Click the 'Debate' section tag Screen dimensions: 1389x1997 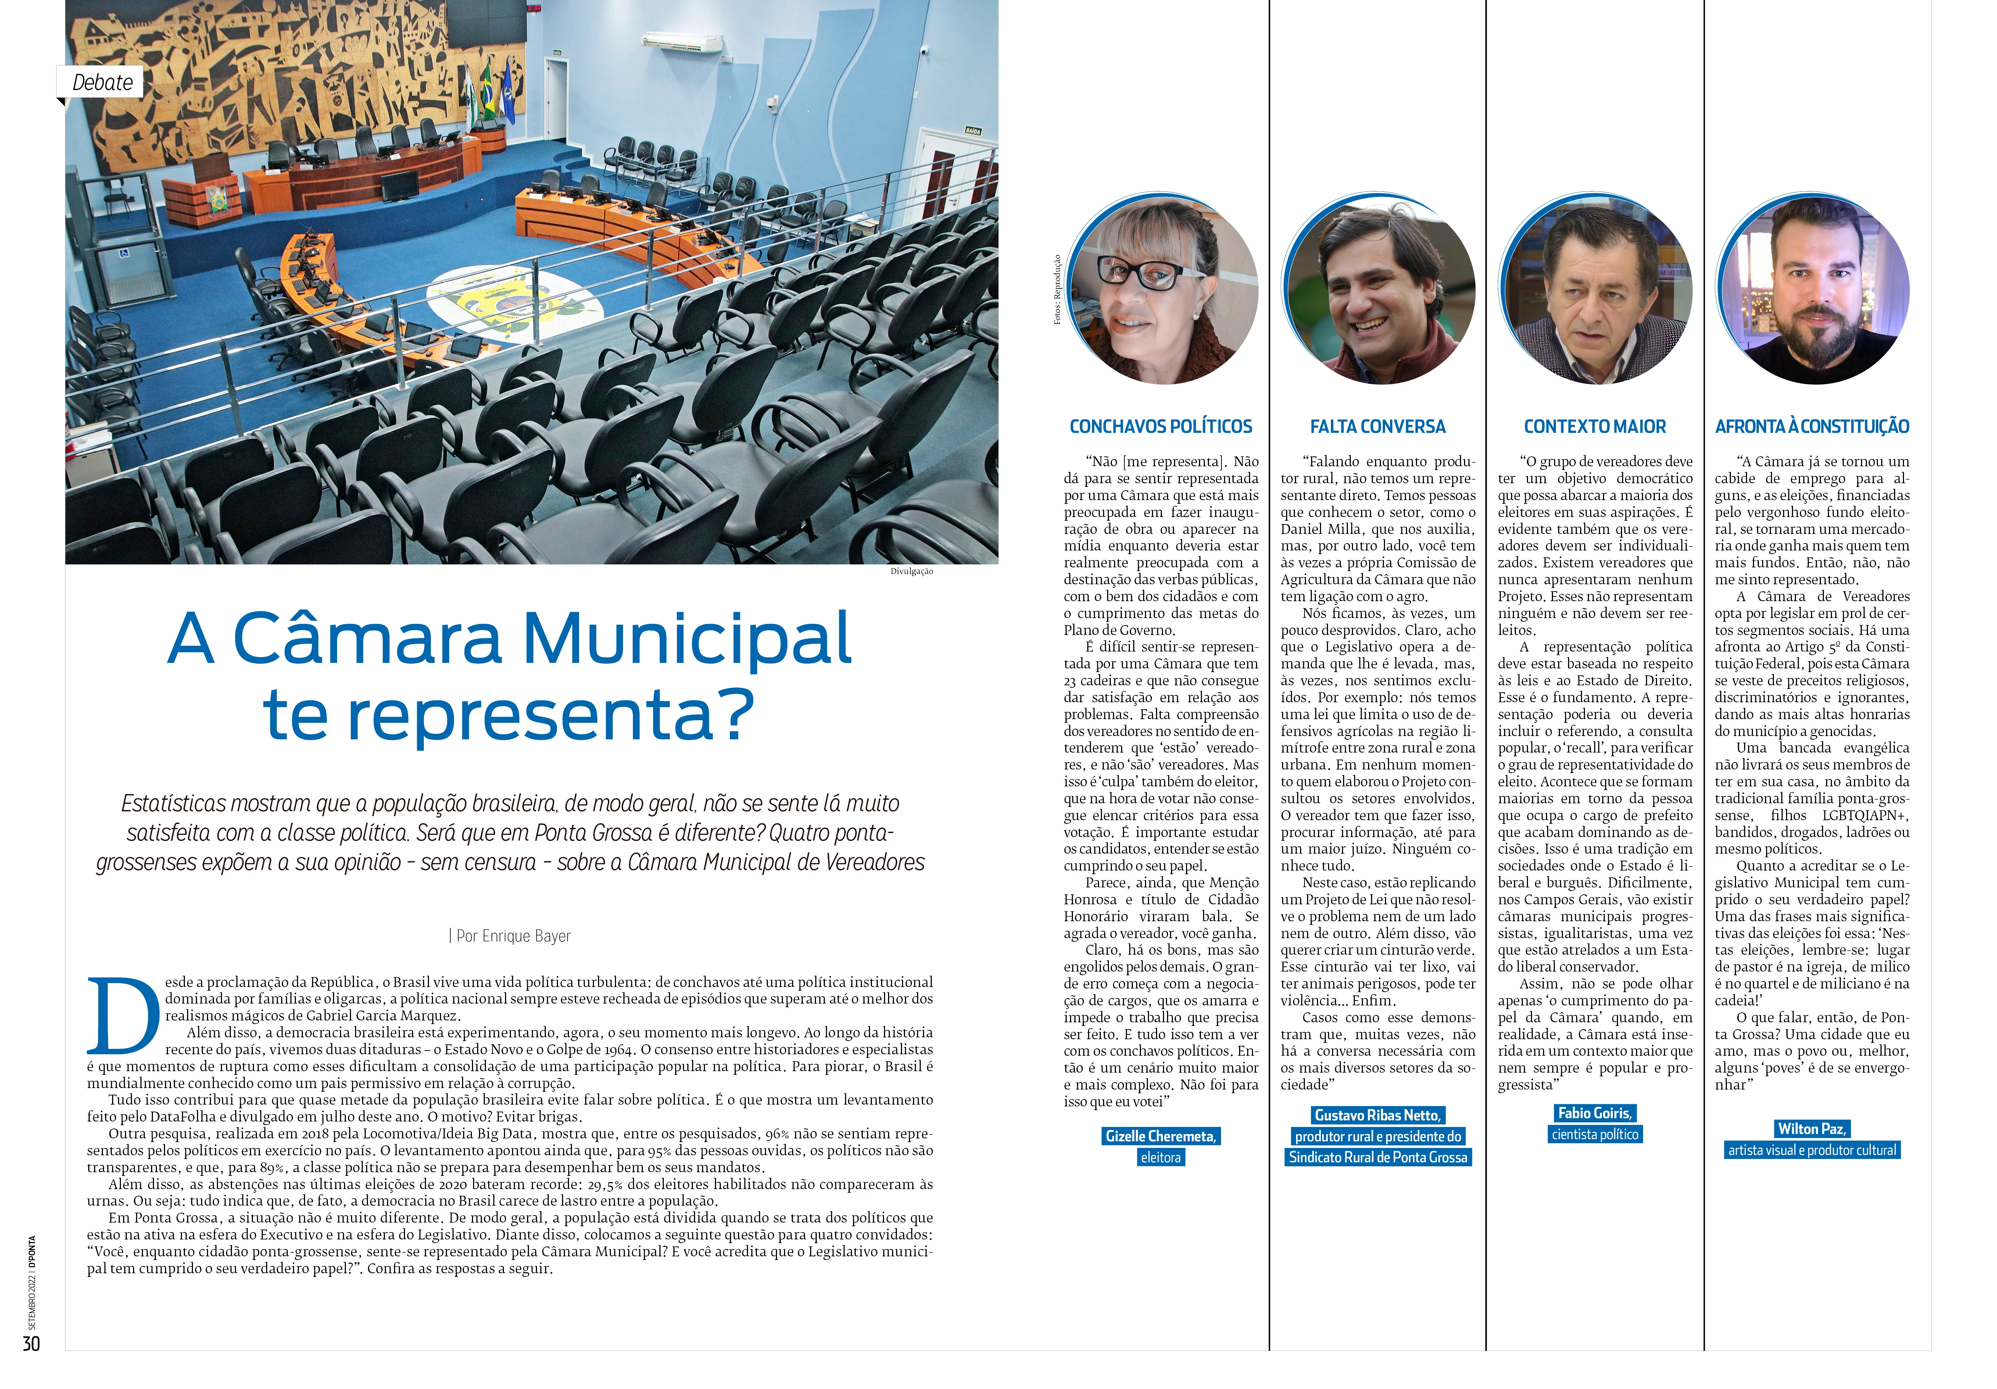tap(102, 83)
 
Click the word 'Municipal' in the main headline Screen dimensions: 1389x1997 tap(686, 639)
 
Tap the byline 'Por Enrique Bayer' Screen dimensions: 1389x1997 tap(511, 936)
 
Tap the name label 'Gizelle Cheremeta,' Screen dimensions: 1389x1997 tap(1160, 1136)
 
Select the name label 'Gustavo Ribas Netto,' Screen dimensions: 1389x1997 tap(1378, 1115)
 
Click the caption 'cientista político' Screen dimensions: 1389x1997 tap(1594, 1134)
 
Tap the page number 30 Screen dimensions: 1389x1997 tap(31, 1344)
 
